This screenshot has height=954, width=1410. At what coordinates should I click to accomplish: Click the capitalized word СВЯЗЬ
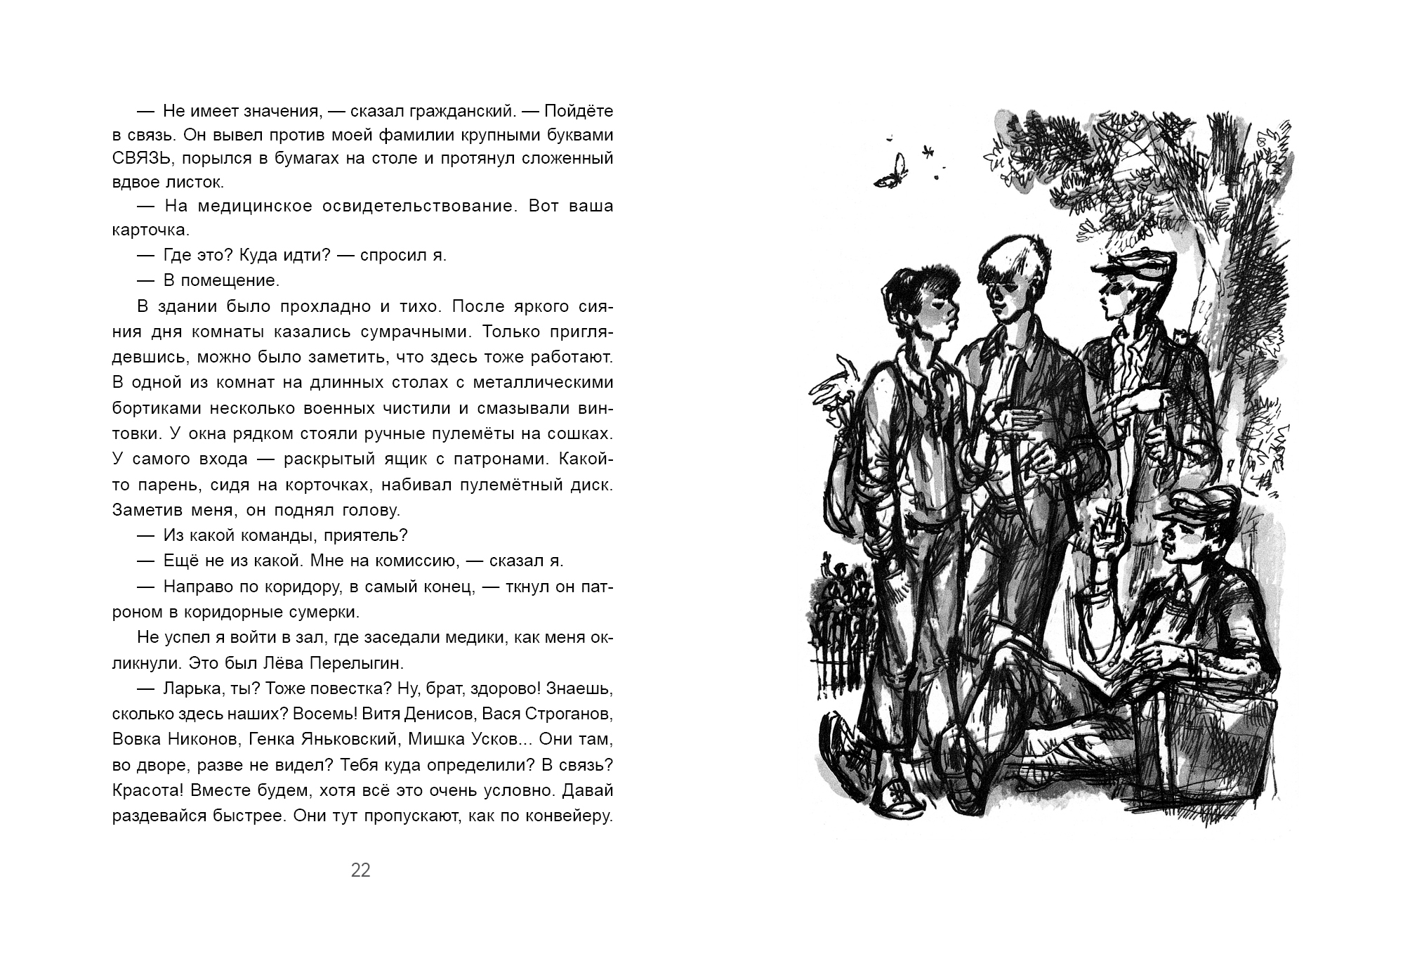click(143, 158)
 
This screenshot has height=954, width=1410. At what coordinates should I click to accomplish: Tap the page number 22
click(360, 870)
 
